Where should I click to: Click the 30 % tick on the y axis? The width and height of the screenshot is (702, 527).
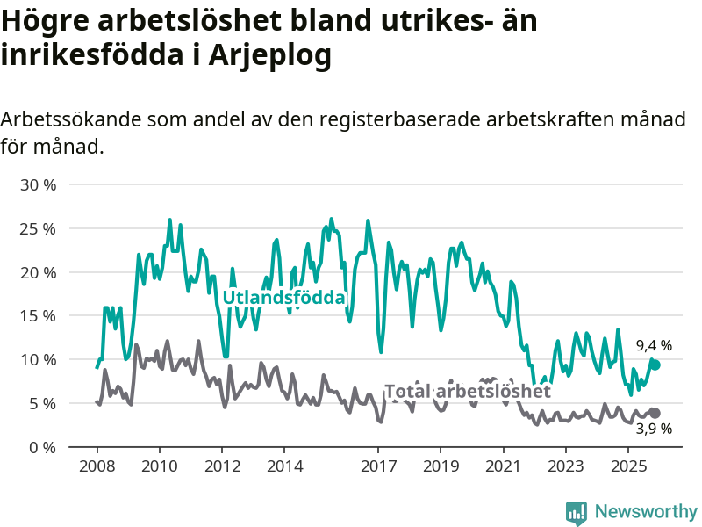point(38,185)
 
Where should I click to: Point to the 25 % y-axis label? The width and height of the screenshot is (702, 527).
point(38,229)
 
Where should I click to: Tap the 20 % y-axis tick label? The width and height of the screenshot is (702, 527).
point(38,272)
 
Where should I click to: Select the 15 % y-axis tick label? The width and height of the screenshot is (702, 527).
point(38,316)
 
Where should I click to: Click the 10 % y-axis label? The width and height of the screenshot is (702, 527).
point(38,360)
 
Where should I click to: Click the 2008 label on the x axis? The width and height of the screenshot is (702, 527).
point(97,466)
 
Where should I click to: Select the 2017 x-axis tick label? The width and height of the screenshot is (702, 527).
point(378,466)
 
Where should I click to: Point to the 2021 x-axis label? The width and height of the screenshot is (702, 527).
point(503,466)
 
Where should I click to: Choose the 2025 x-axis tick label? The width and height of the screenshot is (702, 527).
point(627,466)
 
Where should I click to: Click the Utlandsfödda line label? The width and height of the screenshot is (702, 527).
point(283,298)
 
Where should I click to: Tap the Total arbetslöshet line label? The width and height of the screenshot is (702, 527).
point(468,391)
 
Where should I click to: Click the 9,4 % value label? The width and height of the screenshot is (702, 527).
point(654,346)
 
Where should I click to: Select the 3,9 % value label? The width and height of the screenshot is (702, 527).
point(654,429)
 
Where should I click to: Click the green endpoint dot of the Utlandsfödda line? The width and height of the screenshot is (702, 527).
point(655,365)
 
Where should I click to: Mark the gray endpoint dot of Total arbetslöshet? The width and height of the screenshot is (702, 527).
point(655,413)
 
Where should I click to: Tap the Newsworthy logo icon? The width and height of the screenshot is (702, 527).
point(577,512)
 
